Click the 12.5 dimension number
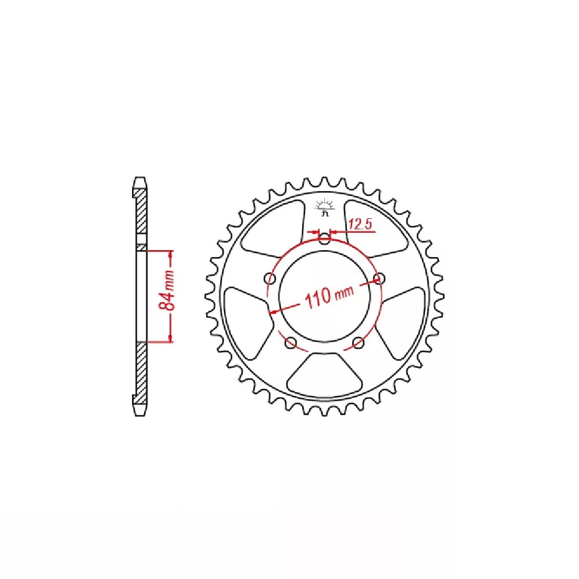click(x=360, y=223)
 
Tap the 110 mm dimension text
click(x=329, y=295)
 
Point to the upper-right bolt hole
click(x=379, y=278)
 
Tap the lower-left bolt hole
click(x=291, y=343)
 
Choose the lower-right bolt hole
click(x=358, y=343)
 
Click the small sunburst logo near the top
click(x=325, y=207)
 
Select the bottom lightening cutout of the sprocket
click(x=325, y=375)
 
